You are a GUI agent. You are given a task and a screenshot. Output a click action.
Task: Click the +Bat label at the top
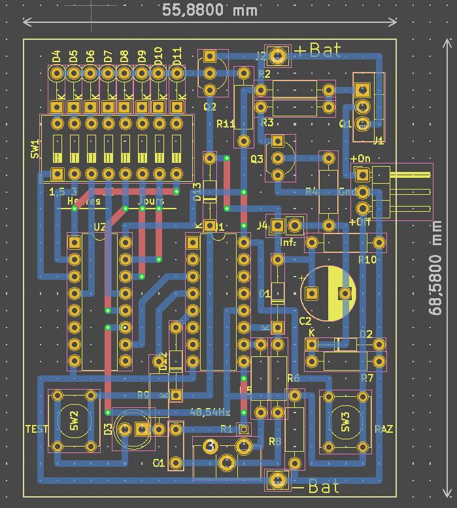[318, 51]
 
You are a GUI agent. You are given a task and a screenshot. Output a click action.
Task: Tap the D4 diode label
[56, 58]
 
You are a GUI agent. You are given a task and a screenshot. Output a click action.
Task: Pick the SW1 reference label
[35, 148]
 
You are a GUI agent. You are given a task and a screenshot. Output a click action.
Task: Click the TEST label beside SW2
[37, 429]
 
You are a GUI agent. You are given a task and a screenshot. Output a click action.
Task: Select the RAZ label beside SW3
[383, 429]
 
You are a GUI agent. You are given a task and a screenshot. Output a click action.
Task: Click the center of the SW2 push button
[73, 420]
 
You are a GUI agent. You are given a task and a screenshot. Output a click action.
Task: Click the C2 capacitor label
[305, 321]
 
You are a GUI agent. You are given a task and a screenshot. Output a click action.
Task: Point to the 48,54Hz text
[209, 413]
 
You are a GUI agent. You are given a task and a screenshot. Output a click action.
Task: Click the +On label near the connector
[360, 159]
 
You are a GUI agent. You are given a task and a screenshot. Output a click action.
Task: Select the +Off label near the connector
[360, 222]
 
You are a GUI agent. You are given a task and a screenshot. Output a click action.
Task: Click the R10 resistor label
[367, 260]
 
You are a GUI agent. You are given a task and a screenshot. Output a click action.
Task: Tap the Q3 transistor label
[256, 159]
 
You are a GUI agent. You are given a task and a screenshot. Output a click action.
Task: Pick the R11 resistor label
[226, 124]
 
